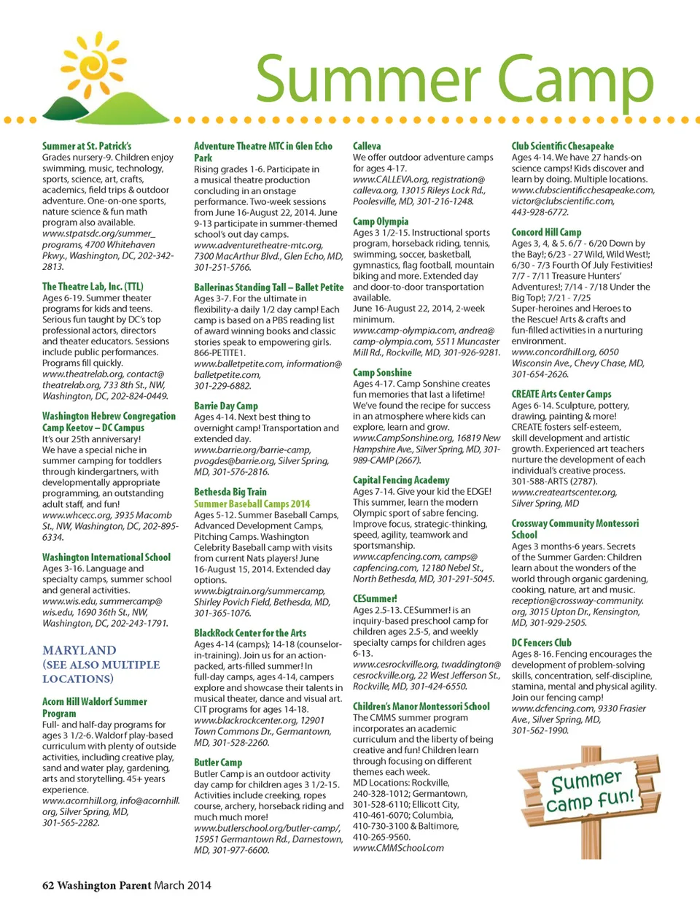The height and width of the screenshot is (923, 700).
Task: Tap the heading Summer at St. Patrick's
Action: [x=87, y=146]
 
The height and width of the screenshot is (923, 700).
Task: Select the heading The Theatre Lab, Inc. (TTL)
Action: [x=93, y=287]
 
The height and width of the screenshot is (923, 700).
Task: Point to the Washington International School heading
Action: [x=106, y=557]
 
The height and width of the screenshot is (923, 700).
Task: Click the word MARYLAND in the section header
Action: [x=79, y=650]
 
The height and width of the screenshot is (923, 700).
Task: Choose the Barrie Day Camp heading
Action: [x=226, y=406]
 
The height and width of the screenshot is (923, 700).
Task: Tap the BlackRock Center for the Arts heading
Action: [x=250, y=633]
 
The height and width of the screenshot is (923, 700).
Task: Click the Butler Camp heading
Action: [x=218, y=762]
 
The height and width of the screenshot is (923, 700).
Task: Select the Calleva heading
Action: [x=367, y=146]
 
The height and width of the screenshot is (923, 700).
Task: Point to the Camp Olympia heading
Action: [x=381, y=221]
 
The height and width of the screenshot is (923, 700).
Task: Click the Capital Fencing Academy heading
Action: [x=401, y=480]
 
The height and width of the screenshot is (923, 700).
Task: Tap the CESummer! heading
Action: [x=375, y=598]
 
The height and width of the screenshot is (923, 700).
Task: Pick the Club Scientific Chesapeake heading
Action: [x=563, y=146]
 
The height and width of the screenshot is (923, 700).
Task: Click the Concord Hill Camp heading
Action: [x=546, y=232]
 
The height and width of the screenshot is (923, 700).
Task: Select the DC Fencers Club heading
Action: [x=541, y=643]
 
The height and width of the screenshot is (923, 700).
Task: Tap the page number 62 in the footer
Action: [x=48, y=885]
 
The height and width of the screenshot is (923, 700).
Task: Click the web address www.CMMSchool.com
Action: [x=398, y=848]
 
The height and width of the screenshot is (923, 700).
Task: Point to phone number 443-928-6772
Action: [x=540, y=212]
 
